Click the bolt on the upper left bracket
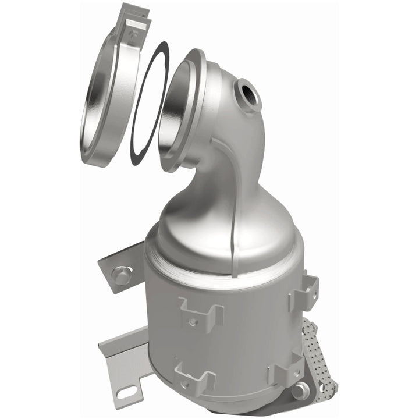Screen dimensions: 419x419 click(121, 274)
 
